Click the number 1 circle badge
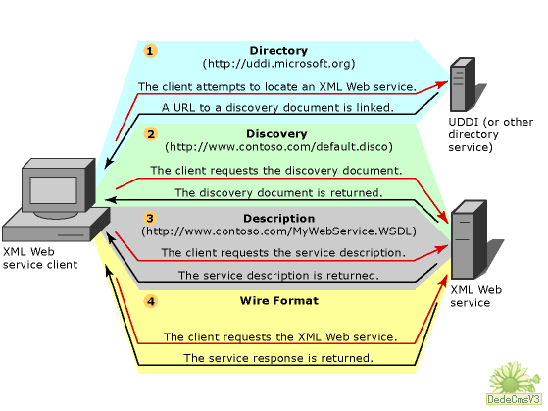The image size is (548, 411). pos(150,51)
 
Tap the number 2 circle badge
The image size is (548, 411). pos(151,134)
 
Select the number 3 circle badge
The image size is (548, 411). pos(150,219)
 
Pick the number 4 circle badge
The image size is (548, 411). pos(151,301)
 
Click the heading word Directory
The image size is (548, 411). pos(278,51)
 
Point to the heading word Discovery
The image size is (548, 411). pos(276,134)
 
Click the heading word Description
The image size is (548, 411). pos(278,219)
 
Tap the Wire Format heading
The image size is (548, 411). pos(279,301)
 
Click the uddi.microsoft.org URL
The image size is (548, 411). pos(278,64)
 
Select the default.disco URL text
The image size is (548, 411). pos(278,146)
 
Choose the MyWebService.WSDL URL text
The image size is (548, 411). pos(278,231)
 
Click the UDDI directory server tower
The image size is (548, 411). pos(463,84)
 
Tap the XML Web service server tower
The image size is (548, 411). pos(469,239)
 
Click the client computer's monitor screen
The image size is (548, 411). pos(53,190)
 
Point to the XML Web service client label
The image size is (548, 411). pos(40,258)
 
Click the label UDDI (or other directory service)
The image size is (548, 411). pos(491,134)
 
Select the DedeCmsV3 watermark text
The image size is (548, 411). pos(514,399)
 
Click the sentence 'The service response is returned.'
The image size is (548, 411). pos(278,358)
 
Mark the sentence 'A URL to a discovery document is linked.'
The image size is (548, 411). pos(277,107)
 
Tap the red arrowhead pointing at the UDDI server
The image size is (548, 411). pos(441,85)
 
